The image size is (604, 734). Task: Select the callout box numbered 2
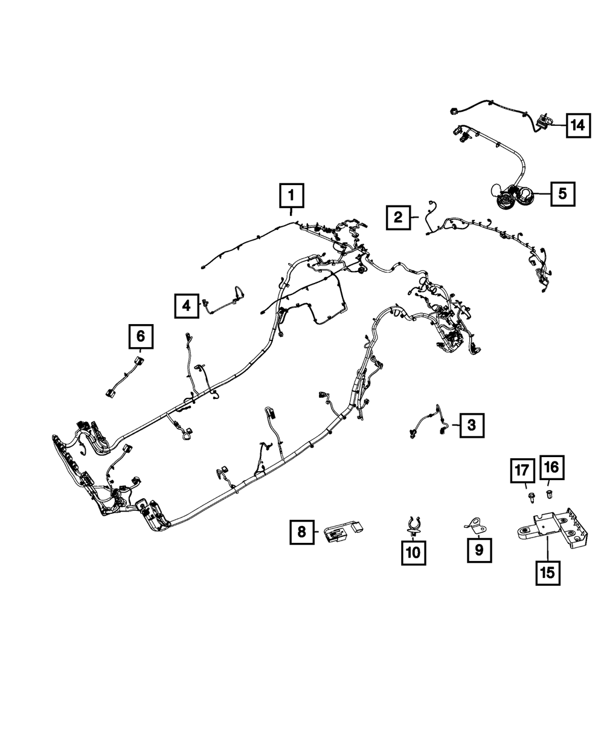(397, 216)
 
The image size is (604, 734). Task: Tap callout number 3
(471, 425)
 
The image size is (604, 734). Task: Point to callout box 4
(187, 305)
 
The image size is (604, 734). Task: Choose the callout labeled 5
(562, 193)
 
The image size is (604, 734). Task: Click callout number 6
(141, 336)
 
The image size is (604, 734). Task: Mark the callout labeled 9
(479, 550)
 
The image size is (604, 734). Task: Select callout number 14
(578, 125)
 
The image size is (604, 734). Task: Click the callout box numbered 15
(547, 571)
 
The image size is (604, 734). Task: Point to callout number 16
(553, 466)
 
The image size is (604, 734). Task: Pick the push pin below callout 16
(550, 495)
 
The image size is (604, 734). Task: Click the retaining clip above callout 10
(413, 525)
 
